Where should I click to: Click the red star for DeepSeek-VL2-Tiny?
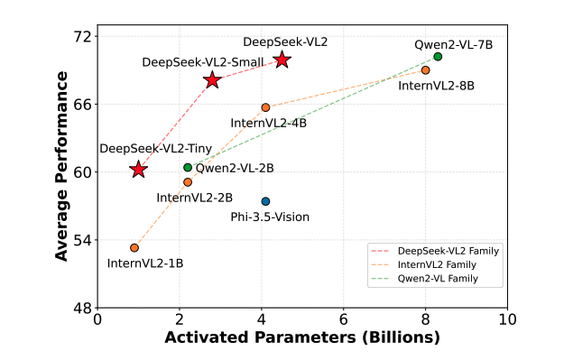[138, 170]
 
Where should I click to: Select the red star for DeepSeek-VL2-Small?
[212, 80]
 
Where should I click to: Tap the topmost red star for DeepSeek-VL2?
[282, 60]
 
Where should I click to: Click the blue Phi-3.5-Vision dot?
[265, 201]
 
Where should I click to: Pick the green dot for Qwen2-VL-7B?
[438, 57]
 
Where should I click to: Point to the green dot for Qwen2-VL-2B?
[188, 167]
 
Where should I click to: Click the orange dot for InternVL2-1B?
[134, 247]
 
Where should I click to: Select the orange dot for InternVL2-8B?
[425, 70]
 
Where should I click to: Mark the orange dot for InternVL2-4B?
[265, 107]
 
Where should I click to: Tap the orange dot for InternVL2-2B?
[188, 182]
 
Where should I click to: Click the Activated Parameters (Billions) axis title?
[301, 338]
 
